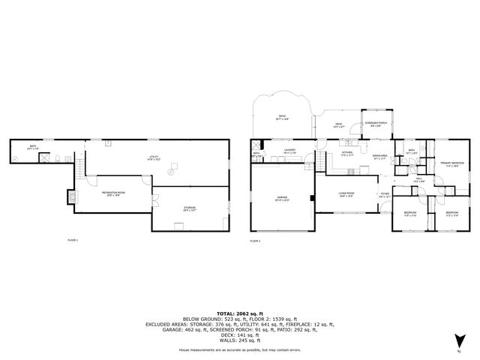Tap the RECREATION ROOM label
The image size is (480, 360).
113,193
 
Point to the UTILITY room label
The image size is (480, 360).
153,157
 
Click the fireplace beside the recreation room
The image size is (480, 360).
73,196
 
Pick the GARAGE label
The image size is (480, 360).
282,198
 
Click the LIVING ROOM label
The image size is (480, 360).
346,193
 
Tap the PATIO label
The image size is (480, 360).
281,115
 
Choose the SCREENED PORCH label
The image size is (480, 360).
376,124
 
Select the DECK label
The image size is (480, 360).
338,124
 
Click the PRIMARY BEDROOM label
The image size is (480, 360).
452,163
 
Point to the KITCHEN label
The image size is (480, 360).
347,154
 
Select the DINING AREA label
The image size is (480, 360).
379,157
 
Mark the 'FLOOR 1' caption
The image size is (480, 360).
73,240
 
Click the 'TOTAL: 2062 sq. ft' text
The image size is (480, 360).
239,313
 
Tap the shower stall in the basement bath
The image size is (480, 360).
44,158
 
